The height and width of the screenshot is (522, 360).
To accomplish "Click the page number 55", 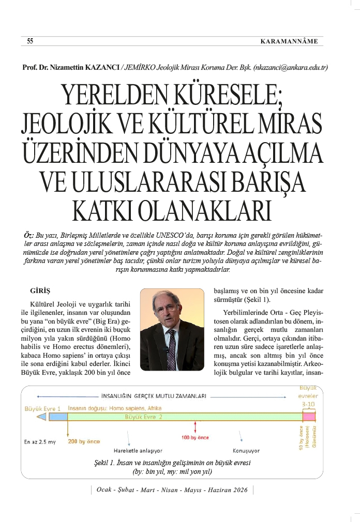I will pos(31,42).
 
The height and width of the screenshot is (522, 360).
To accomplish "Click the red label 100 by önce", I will pos(195,438).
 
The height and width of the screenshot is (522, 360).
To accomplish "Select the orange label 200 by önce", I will pos(84,442).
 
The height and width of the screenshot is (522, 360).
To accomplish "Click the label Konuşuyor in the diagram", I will pos(246,450).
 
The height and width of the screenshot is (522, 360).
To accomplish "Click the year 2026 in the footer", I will pos(240,490).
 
